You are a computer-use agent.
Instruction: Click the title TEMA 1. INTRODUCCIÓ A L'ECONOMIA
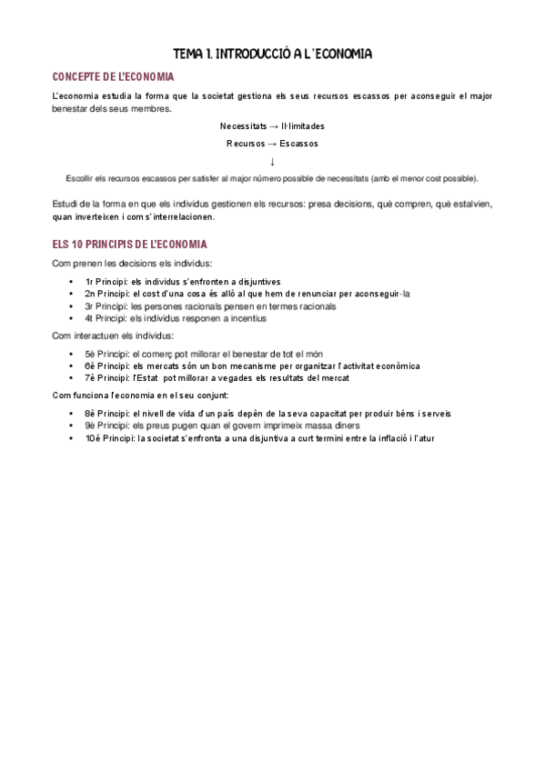(x=272, y=55)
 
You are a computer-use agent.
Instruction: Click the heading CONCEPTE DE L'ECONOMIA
(x=114, y=77)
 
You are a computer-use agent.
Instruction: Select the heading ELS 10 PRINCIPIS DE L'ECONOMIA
(x=130, y=245)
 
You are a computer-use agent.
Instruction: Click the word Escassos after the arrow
(x=299, y=144)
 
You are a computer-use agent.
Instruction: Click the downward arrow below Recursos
(x=272, y=161)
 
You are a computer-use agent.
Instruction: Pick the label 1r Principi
(x=106, y=281)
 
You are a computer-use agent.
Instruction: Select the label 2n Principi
(x=106, y=294)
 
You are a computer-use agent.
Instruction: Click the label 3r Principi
(x=106, y=306)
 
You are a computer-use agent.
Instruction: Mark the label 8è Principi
(x=106, y=413)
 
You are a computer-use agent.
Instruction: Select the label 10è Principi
(x=109, y=438)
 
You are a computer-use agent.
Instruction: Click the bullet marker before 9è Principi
(x=71, y=426)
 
